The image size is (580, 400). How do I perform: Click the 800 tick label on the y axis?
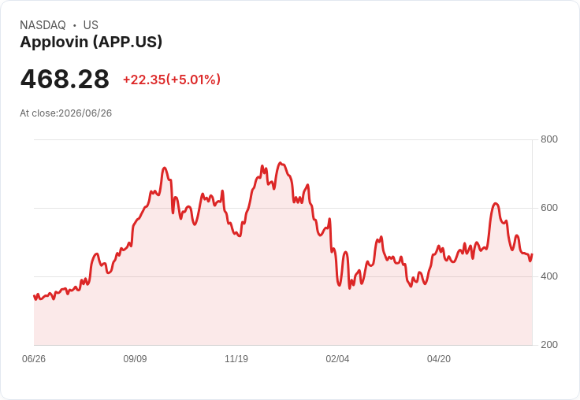(x=549, y=139)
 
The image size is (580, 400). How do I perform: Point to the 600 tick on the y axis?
(x=549, y=208)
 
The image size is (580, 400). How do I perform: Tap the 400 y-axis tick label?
(x=549, y=276)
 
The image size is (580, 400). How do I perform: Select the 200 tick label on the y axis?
(x=549, y=345)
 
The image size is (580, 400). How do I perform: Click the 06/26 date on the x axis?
(x=34, y=358)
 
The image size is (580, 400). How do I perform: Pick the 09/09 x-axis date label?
(x=135, y=358)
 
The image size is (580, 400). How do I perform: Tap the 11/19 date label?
(x=236, y=358)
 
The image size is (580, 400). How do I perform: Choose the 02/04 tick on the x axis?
(x=337, y=358)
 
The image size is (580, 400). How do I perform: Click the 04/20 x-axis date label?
(x=439, y=358)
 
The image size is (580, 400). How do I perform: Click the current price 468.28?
(x=65, y=79)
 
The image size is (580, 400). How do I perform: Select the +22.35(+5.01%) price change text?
(x=172, y=80)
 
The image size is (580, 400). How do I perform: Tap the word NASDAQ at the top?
(x=43, y=25)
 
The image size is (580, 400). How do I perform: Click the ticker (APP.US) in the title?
(x=128, y=43)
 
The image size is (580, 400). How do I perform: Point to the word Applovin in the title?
(x=54, y=43)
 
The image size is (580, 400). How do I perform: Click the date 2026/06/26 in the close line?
(x=85, y=113)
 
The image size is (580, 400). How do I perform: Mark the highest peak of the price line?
(x=281, y=163)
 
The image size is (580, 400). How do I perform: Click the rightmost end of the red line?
(x=532, y=254)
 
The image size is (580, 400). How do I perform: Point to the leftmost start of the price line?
(x=34, y=296)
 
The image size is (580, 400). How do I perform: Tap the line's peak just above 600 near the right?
(x=496, y=203)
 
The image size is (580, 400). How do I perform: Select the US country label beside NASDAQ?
(x=91, y=25)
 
